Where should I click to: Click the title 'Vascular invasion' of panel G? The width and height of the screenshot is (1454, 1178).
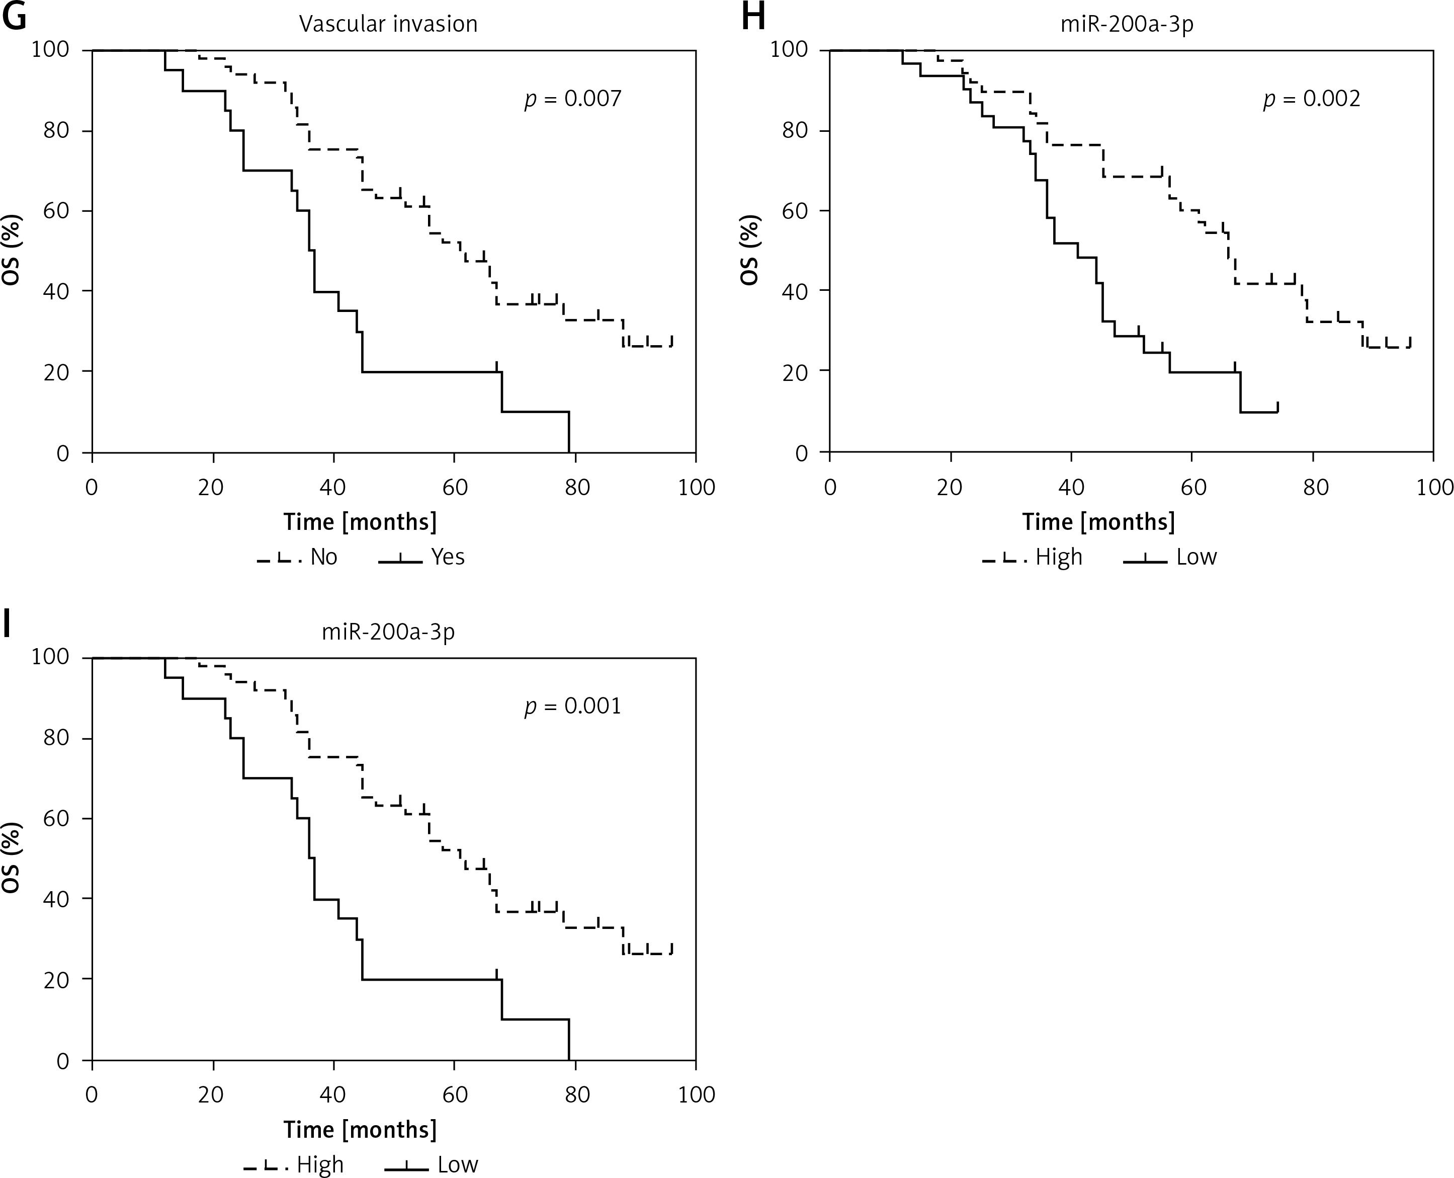[389, 25]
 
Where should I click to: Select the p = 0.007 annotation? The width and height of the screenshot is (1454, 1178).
[573, 99]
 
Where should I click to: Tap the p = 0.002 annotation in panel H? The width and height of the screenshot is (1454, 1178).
[1312, 99]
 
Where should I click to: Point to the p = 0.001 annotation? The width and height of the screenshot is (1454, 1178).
[573, 706]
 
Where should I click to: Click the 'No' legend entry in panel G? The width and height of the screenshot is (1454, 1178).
[323, 557]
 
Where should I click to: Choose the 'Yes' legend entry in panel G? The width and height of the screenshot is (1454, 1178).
[448, 557]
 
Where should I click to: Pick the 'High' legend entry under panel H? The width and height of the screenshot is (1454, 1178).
[1059, 557]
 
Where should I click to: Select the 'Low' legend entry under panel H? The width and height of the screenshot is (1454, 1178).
[1196, 557]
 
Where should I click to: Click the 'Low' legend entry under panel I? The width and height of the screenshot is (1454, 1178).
[458, 1164]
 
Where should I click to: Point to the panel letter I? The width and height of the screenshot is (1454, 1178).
[7, 624]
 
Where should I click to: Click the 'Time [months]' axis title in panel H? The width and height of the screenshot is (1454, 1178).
[1098, 522]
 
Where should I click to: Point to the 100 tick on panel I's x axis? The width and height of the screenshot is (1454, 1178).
[697, 1094]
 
